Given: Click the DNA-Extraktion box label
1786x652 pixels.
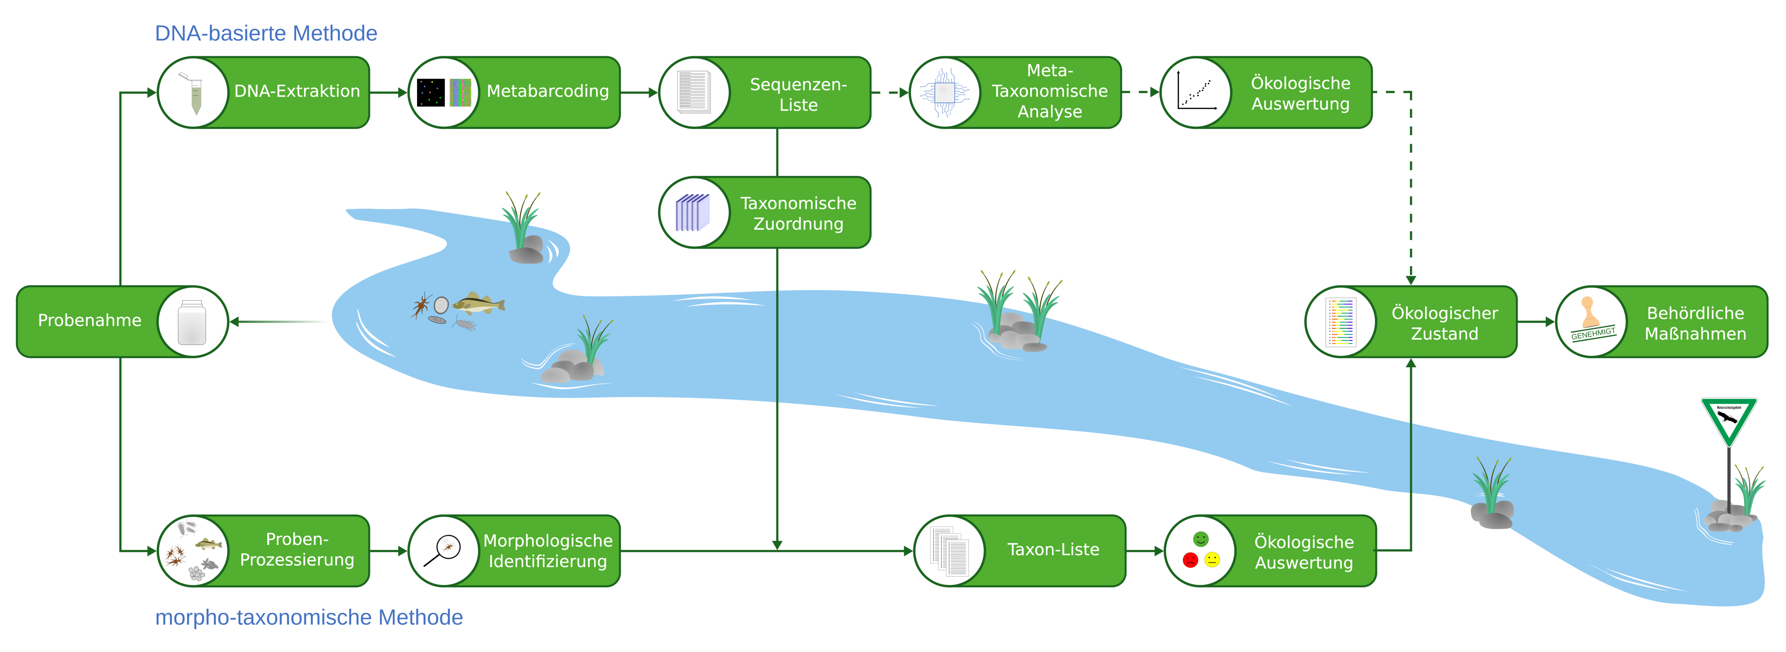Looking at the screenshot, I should pos(297,91).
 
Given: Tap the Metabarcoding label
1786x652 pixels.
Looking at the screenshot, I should pos(548,91).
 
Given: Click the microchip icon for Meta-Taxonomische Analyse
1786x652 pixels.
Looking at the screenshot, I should pos(944,92).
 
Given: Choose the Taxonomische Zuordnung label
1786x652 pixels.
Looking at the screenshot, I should pos(798,213).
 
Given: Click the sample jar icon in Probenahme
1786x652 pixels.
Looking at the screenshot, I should pos(192,322).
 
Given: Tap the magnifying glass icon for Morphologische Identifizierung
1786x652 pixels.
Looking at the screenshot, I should pos(443,551).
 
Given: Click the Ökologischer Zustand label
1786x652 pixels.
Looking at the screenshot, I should pos(1444,323).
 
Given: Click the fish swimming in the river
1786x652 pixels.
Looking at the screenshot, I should pos(478,303).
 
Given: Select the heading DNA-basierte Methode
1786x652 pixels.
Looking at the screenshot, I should pos(266,33).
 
